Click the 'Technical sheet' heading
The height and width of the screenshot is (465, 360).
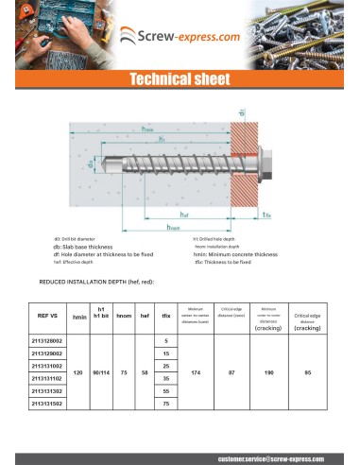(180, 80)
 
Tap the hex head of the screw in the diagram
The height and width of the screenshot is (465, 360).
(244, 170)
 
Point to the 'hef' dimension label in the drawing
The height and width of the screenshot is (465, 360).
(186, 215)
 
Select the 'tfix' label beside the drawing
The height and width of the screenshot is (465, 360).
(267, 215)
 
